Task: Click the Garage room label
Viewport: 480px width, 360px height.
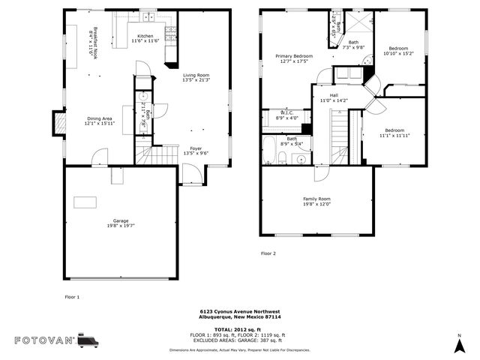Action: point(120,223)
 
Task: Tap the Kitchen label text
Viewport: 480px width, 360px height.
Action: point(145,38)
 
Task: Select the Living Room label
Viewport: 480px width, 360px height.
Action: point(196,77)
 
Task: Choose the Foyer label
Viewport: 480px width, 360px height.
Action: point(195,150)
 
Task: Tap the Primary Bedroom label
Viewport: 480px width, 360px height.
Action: point(293,58)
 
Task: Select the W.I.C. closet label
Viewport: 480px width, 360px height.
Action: point(287,115)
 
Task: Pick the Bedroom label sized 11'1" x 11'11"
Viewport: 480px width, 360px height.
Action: point(394,133)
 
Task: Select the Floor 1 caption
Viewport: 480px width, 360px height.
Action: point(72,297)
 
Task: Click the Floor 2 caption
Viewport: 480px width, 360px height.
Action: point(268,253)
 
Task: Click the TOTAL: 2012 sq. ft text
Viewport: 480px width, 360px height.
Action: point(239,329)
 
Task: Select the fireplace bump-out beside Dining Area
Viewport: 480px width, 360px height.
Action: point(58,122)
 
